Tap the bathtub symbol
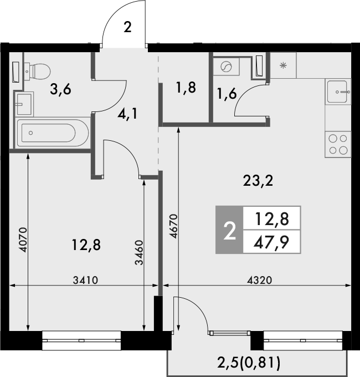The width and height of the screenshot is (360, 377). point(47,133)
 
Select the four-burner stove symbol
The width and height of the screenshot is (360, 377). point(338,144)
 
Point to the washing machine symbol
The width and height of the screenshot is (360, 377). point(227,68)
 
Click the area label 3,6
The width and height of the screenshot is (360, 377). point(60,89)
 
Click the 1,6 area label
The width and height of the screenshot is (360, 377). point(227,94)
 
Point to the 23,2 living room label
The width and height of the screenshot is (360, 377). point(259,180)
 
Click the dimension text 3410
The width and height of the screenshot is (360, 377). point(85,280)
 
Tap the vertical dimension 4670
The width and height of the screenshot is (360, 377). point(173,226)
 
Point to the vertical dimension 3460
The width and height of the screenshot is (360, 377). point(139,253)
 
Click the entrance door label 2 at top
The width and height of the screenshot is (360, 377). point(127,28)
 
